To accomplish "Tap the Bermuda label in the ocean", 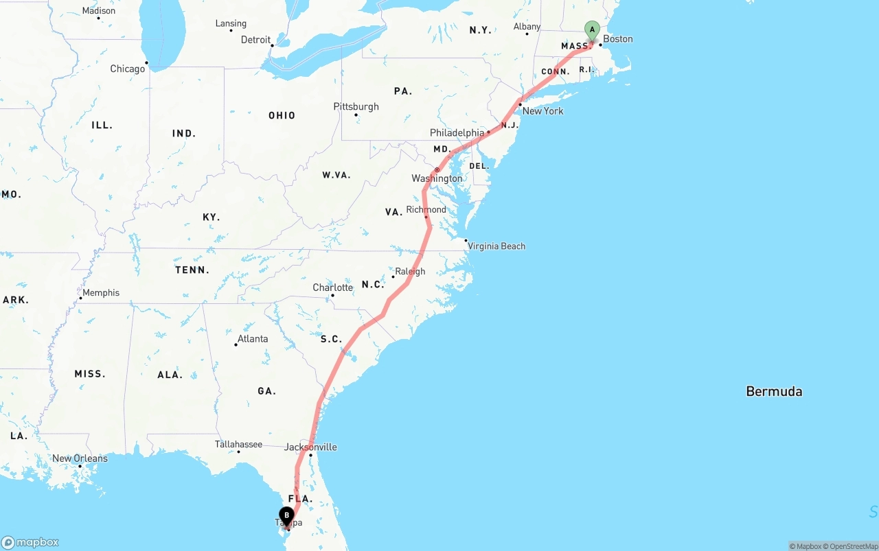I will pos(774,392).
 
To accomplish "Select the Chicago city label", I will pos(128,69).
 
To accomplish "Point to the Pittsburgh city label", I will pos(356,106).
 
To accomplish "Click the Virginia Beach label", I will pos(496,246).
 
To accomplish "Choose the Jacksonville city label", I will pos(310,447).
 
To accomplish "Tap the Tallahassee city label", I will pos(238,444).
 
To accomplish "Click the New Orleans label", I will pos(80,458).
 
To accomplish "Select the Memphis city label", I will pos(101,293).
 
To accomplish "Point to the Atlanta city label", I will pos(252,339).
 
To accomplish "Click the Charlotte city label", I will pos(332,288).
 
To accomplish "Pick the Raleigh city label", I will pos(410,272).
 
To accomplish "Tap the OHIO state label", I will pos(282,115).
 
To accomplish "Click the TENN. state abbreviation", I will pos(192,270).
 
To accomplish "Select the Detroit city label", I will pos(255,40).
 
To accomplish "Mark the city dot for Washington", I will pos(437,169).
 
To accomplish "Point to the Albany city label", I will pos(527,27).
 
